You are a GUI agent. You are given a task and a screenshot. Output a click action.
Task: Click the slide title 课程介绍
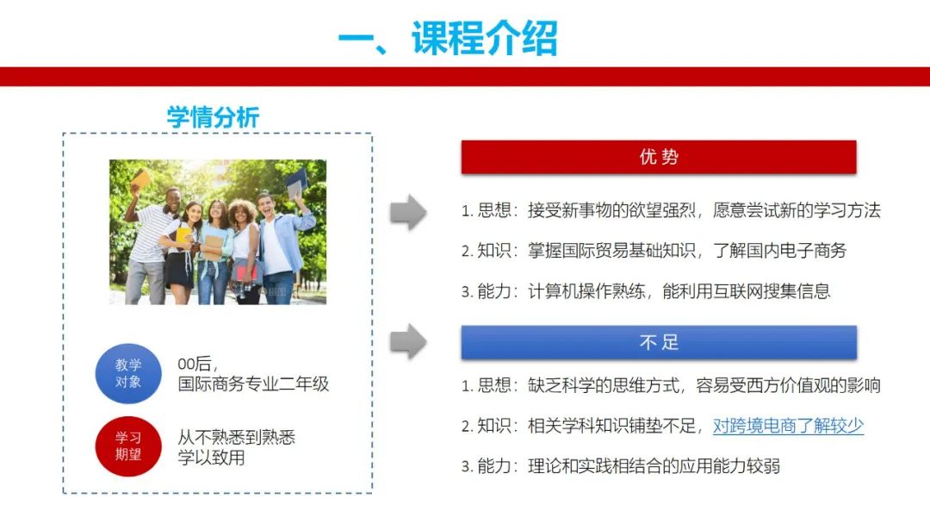[485, 38]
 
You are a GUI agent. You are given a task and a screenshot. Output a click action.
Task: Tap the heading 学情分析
[213, 117]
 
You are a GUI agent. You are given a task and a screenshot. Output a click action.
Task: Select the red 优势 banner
[659, 157]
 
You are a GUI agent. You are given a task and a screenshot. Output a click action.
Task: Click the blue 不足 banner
[659, 342]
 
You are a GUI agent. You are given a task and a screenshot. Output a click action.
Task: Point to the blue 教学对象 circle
[128, 373]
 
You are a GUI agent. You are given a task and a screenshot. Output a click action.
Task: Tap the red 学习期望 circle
[128, 446]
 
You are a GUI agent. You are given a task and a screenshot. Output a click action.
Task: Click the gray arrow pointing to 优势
[408, 212]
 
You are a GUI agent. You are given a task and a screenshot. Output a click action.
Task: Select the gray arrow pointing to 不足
[408, 341]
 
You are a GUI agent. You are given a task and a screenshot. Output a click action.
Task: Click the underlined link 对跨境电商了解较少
[788, 426]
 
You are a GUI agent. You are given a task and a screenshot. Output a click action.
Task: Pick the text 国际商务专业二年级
[253, 384]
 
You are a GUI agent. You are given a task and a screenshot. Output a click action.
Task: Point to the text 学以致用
[211, 458]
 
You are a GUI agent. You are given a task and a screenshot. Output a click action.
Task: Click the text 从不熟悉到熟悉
[237, 437]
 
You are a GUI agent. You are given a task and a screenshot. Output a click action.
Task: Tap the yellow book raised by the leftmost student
[141, 178]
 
